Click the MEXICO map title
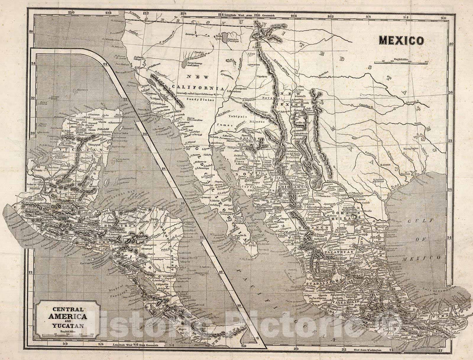pos(401,41)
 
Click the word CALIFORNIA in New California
pos(198,87)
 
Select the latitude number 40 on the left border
pos(31,32)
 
